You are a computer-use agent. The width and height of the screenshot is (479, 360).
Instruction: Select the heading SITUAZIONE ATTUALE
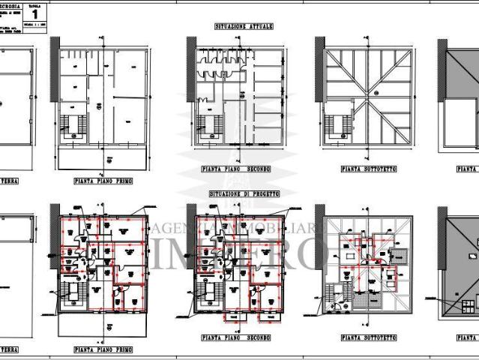244,26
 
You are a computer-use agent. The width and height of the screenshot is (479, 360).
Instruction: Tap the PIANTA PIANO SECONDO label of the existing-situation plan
238,170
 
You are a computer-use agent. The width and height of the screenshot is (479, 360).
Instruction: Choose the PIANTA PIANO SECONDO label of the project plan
238,349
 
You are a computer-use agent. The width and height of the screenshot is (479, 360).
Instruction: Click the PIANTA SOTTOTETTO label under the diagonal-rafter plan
369,170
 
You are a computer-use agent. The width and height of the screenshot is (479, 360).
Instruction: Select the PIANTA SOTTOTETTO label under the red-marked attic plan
369,349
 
